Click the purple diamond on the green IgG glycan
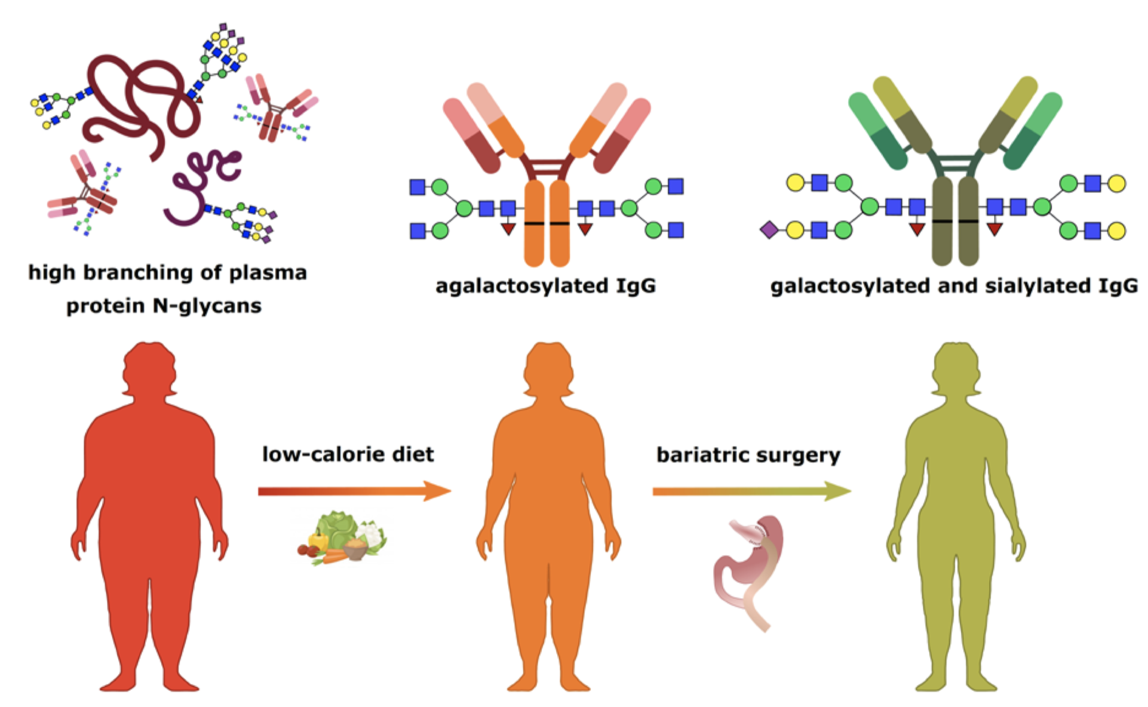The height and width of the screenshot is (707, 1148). tap(769, 229)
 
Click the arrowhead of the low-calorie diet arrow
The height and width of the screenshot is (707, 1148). tap(438, 491)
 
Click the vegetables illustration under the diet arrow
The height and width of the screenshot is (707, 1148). tap(343, 537)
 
